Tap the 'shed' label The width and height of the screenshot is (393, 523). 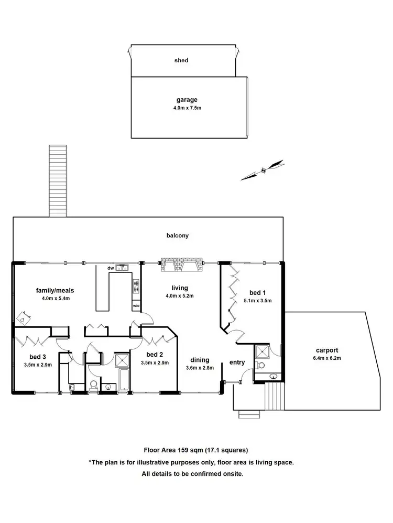(x=181, y=61)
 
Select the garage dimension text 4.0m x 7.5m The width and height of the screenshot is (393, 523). (x=188, y=108)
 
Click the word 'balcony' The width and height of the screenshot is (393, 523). (x=178, y=236)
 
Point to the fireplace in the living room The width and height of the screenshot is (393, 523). (x=181, y=266)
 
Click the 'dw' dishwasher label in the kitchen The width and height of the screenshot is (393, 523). (x=111, y=268)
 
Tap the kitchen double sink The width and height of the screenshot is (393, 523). (x=122, y=268)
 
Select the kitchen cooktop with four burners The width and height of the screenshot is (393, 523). (x=136, y=286)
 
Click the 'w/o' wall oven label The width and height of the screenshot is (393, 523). (x=136, y=305)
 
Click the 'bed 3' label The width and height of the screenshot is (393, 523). (x=34, y=357)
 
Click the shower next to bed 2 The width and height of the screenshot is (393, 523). (x=122, y=360)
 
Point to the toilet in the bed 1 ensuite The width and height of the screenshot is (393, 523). (x=262, y=365)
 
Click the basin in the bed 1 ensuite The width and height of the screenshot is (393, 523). (x=272, y=376)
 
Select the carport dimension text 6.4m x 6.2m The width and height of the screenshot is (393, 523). (x=327, y=358)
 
